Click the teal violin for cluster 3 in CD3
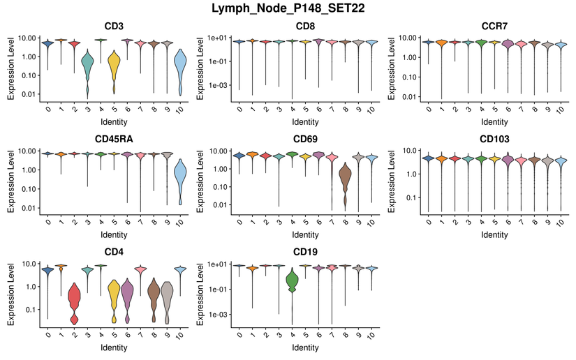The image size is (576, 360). point(87,66)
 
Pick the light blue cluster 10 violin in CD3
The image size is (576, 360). point(179,70)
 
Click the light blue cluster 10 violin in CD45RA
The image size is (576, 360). point(179,178)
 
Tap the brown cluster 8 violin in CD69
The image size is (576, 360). point(345,181)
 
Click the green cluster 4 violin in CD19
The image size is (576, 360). point(293,283)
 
